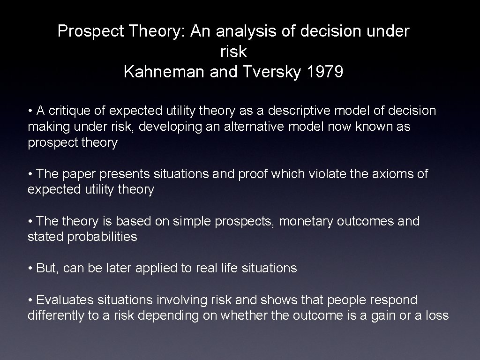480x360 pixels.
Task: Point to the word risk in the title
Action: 233,52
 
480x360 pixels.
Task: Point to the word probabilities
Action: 102,237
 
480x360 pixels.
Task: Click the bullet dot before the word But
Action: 30,268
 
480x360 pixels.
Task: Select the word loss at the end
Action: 437,315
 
